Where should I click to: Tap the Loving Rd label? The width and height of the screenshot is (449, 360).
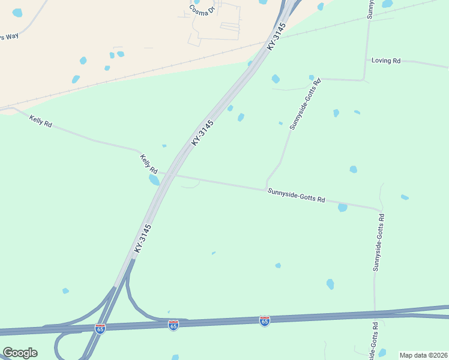tap(385, 61)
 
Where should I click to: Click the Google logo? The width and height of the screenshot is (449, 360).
tap(20, 353)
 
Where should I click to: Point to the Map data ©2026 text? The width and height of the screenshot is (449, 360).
tap(423, 355)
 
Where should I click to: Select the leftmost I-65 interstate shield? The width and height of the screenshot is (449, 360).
tap(100, 329)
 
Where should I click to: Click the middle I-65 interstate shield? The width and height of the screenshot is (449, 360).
tap(173, 325)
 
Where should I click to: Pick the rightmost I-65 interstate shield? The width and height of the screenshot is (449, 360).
tap(265, 321)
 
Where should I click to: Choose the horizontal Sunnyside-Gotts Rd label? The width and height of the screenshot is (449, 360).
tap(296, 194)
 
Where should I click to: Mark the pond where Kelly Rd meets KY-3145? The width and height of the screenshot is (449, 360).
tap(154, 179)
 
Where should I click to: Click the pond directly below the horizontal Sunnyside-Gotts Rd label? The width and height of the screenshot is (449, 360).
tap(342, 208)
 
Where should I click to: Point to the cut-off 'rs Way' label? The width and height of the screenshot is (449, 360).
tap(9, 37)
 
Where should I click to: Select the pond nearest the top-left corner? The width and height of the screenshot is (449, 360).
tap(17, 13)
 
